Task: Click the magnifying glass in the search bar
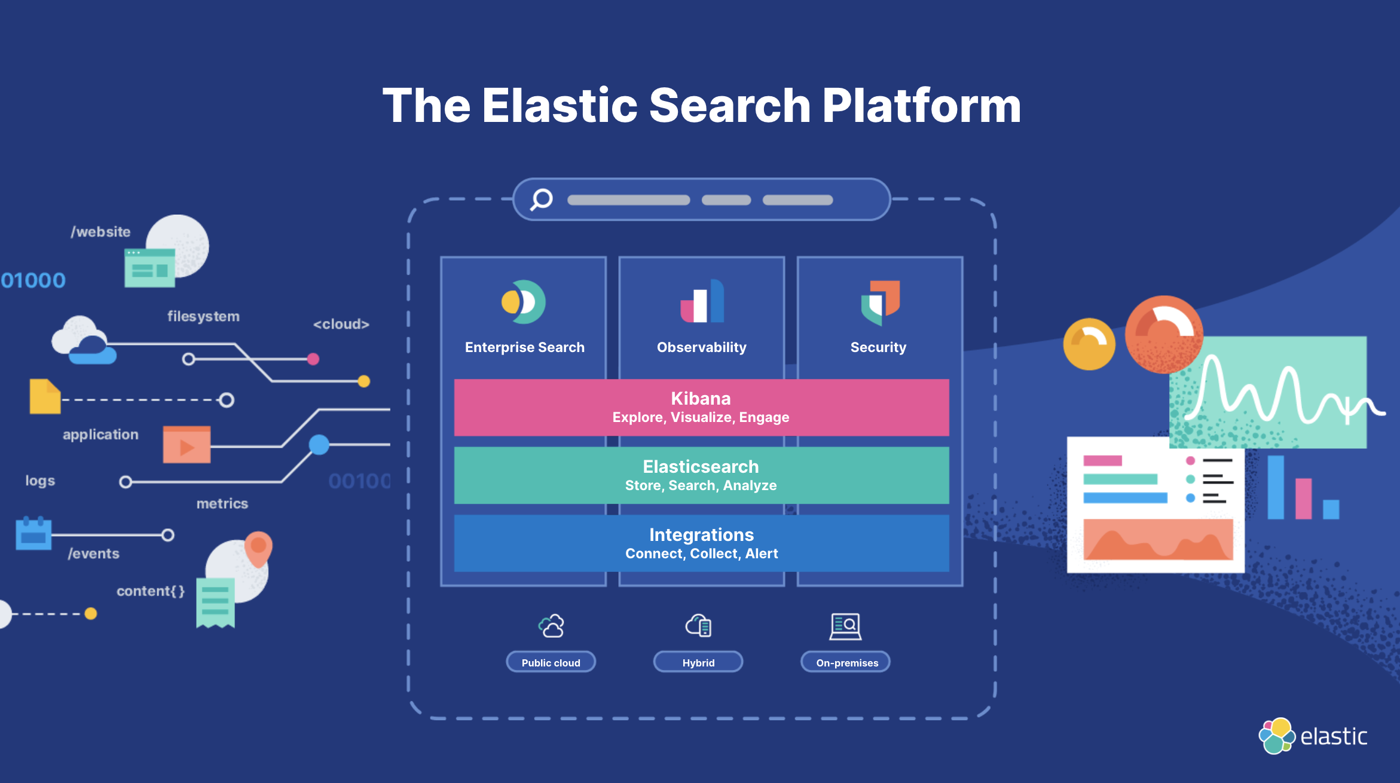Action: pyautogui.click(x=542, y=200)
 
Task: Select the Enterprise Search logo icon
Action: pyautogui.click(x=524, y=302)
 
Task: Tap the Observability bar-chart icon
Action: pyautogui.click(x=702, y=302)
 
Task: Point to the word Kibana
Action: pyautogui.click(x=701, y=399)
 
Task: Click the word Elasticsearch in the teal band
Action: pyautogui.click(x=701, y=467)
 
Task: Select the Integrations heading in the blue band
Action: pyautogui.click(x=701, y=535)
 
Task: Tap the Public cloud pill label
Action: pyautogui.click(x=551, y=662)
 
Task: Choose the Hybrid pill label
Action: pyautogui.click(x=698, y=662)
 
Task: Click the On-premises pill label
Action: pyautogui.click(x=846, y=662)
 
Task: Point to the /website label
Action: pyautogui.click(x=100, y=232)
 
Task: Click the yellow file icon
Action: pyautogui.click(x=45, y=396)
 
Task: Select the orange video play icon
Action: pyautogui.click(x=187, y=445)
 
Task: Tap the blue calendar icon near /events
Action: pyautogui.click(x=33, y=533)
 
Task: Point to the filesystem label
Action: pyautogui.click(x=203, y=316)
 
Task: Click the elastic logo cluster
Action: pyautogui.click(x=1276, y=736)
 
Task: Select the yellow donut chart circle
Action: pyautogui.click(x=1089, y=344)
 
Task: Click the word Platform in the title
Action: pyautogui.click(x=921, y=106)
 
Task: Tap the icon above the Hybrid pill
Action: pyautogui.click(x=698, y=626)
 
